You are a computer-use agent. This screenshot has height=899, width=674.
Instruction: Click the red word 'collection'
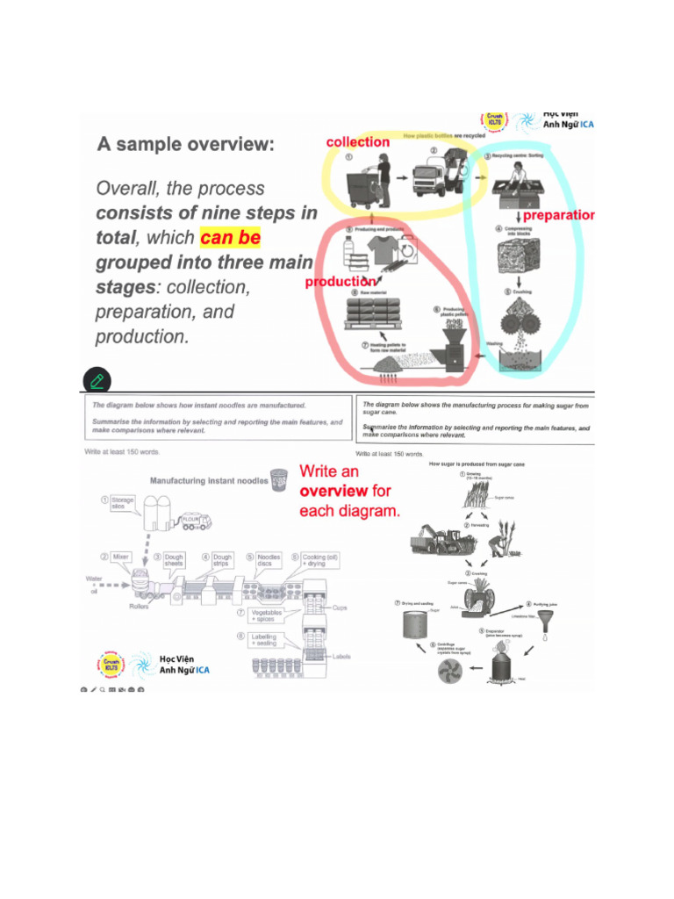(x=357, y=142)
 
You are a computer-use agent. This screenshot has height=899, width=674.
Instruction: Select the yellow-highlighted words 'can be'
(x=230, y=238)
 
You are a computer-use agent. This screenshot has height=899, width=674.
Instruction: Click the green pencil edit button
(x=97, y=379)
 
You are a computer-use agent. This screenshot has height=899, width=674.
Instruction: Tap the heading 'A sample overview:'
(x=185, y=144)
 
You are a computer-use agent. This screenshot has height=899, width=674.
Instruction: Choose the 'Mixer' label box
(x=119, y=557)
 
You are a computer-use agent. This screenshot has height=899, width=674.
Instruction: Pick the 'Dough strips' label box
(x=223, y=560)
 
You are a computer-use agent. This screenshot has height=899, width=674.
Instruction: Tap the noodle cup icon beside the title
(x=279, y=479)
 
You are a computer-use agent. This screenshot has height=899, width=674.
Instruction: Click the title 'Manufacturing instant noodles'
(x=209, y=481)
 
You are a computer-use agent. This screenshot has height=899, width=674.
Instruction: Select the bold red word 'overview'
(x=333, y=491)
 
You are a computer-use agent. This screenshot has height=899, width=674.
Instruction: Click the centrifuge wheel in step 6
(x=453, y=672)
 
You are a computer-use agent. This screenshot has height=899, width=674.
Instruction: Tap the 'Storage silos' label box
(x=122, y=503)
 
